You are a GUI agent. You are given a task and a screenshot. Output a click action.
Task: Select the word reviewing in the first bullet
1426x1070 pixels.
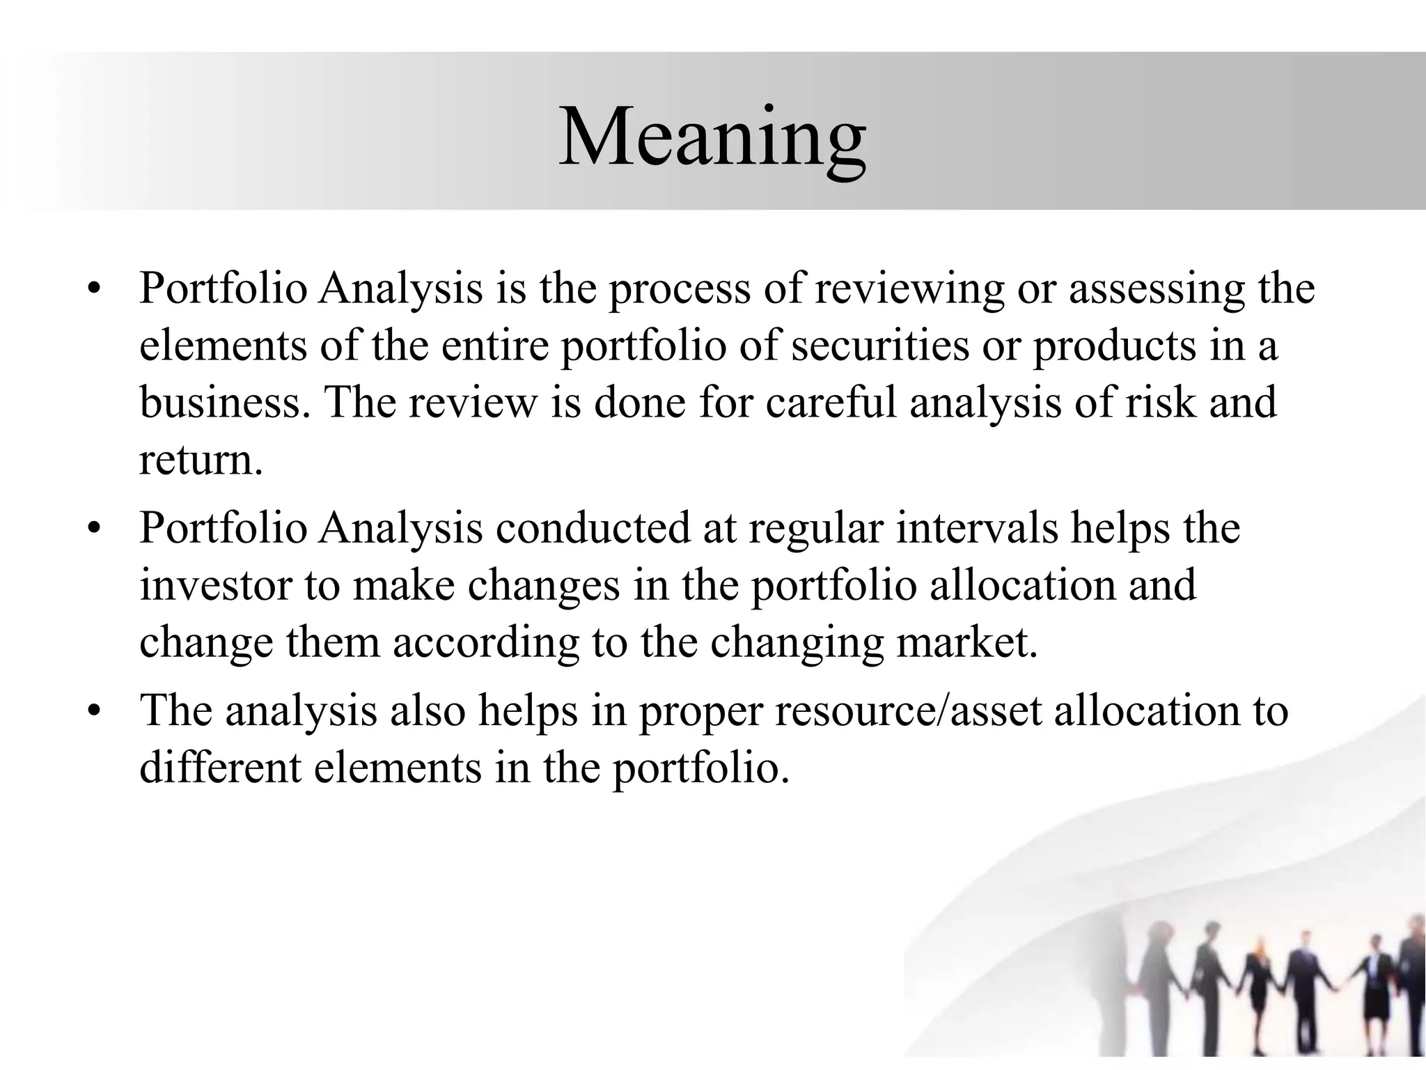pos(909,289)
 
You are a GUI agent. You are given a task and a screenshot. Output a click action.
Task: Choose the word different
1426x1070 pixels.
pos(221,768)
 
